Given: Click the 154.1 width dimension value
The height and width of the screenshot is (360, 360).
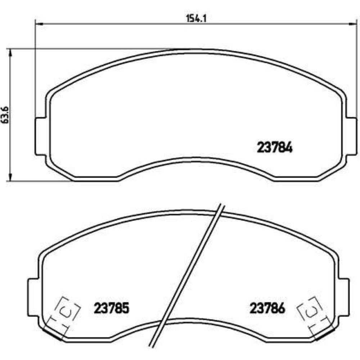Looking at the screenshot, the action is tap(196, 18).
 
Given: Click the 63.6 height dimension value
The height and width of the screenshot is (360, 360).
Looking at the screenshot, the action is tap(5, 115).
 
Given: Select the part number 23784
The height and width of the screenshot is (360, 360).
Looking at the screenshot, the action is tap(275, 147).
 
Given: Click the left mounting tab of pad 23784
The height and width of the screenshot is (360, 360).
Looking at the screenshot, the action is tap(41, 136).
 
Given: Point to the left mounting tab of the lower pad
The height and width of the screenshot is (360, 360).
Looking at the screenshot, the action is tap(33, 298).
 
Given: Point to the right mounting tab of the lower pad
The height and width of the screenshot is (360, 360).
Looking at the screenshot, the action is tap(344, 298).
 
